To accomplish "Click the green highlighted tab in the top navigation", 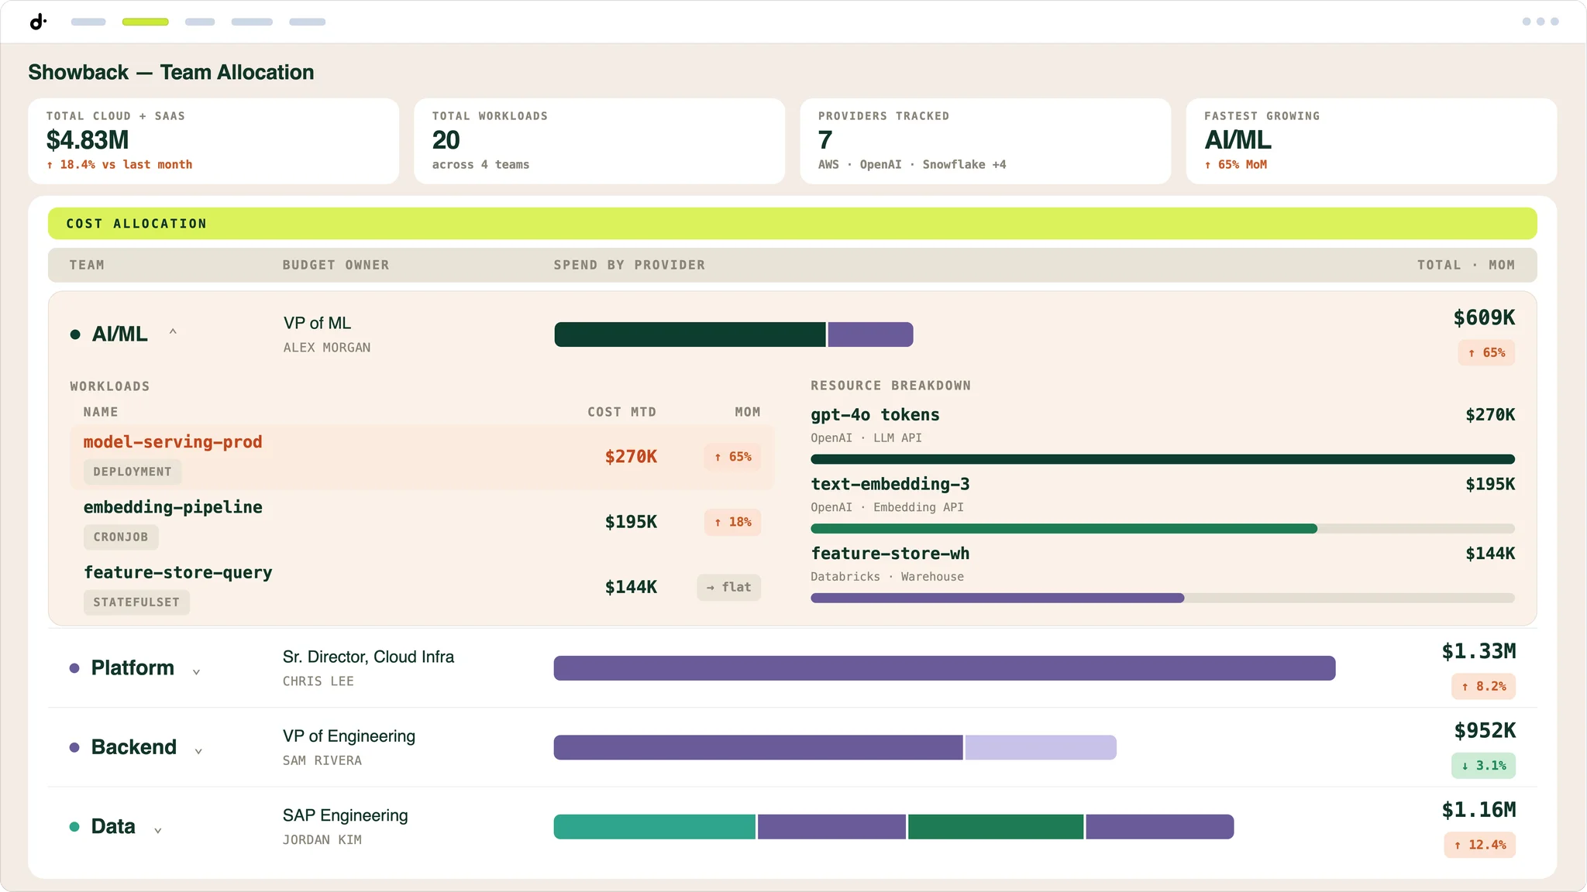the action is click(145, 22).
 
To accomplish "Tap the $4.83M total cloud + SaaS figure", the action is click(88, 140).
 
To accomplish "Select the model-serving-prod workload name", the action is click(173, 442).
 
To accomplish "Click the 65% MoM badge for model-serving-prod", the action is click(732, 457).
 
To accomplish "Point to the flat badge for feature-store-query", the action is click(728, 587).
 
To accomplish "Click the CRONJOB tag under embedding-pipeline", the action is click(121, 537).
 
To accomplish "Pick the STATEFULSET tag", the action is click(136, 602).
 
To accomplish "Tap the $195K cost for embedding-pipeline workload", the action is click(631, 522).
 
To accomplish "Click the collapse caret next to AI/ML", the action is click(173, 332).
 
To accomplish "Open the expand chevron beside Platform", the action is click(196, 671).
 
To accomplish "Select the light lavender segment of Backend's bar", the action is click(1041, 747).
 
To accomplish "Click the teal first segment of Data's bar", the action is click(654, 827).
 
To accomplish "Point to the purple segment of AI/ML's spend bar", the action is click(870, 334).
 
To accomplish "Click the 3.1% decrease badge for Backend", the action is click(1483, 766).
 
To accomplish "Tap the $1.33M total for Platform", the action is click(1479, 652).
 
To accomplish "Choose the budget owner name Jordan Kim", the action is click(322, 840).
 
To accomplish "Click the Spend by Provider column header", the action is click(629, 265).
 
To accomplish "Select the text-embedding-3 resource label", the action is click(890, 485).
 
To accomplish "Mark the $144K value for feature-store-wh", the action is click(1490, 554).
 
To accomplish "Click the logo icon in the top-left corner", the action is click(38, 22).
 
